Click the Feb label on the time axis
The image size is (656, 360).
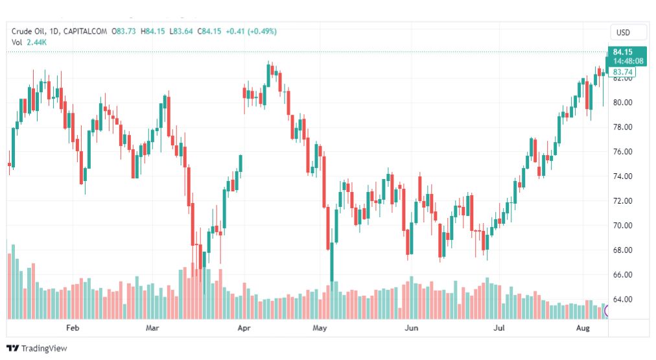point(72,328)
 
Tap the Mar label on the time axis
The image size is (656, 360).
point(152,328)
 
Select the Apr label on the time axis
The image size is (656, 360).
point(244,328)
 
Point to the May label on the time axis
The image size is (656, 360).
point(320,328)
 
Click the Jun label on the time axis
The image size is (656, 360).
point(410,328)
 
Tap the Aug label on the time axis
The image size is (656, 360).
point(583,328)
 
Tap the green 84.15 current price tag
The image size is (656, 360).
point(622,52)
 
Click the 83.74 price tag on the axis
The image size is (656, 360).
point(622,72)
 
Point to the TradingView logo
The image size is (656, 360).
point(37,348)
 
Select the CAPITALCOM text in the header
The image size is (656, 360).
point(86,30)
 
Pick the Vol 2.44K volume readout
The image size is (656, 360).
point(29,42)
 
